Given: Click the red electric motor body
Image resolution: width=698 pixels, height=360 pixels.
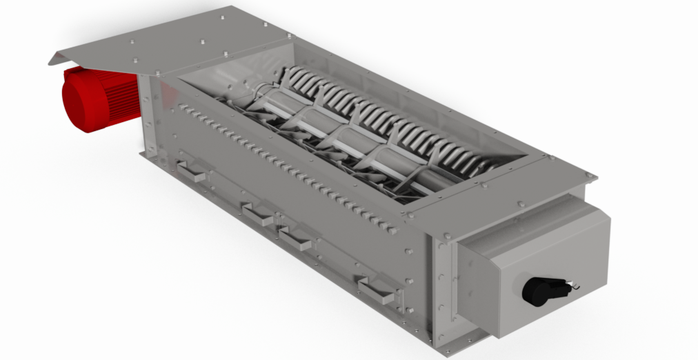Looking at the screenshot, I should pyautogui.click(x=103, y=100).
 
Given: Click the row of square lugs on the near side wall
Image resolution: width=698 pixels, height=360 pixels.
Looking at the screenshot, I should pyautogui.click(x=290, y=166).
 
